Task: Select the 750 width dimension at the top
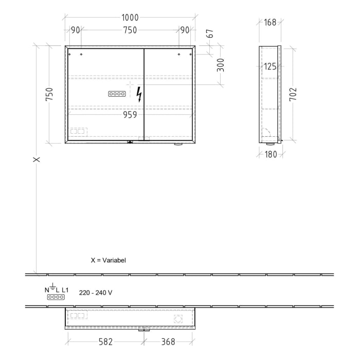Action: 130,30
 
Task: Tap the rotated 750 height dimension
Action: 49,94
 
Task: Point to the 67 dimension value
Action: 209,35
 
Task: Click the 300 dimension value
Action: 221,65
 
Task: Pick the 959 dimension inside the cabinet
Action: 130,115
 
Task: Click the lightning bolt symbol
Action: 139,94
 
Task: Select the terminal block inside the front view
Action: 117,94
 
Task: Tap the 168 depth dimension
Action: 269,22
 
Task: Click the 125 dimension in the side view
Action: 269,66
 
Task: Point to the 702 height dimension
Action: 293,94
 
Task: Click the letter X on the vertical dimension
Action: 37,159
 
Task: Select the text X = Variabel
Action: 108,261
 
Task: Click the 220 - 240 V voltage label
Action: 96,293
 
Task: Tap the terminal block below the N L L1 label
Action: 56,297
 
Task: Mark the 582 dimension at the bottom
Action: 105,341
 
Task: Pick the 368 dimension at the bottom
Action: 168,341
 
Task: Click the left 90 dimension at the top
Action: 75,30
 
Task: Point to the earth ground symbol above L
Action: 53,284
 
